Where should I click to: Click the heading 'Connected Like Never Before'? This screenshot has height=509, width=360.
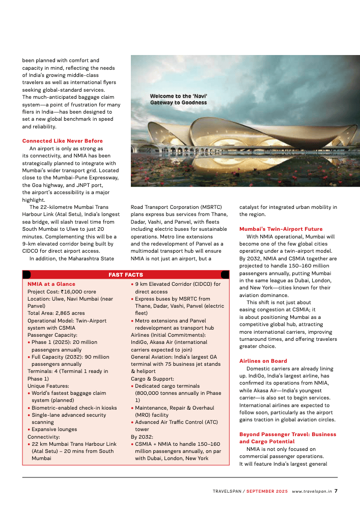pos(62,141)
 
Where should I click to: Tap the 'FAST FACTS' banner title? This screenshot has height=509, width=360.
pos(126,275)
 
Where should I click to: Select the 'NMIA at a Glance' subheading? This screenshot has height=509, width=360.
pos(51,284)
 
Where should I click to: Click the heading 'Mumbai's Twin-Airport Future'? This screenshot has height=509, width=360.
pos(281,229)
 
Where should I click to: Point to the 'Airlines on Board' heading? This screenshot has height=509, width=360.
pos(264,361)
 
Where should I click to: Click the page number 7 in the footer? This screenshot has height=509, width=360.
pos(336,492)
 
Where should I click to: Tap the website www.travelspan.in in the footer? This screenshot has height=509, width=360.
pos(312,492)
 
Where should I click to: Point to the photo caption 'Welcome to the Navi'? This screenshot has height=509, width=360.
pos(179,96)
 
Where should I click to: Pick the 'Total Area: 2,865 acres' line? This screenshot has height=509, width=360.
pos(56,313)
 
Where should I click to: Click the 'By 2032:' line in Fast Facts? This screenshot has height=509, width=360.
pos(141,437)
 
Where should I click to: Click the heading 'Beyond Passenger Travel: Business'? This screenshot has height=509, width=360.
pos(288,434)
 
